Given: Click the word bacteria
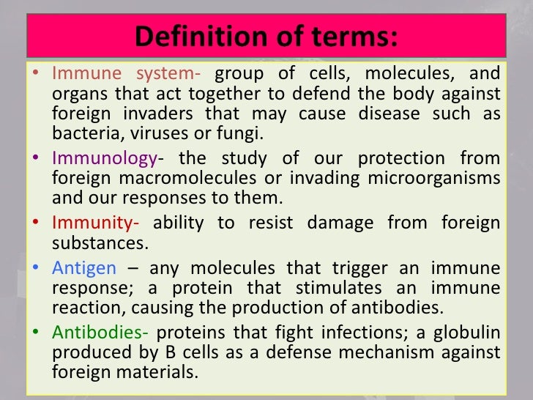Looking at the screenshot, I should tap(81, 134).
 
